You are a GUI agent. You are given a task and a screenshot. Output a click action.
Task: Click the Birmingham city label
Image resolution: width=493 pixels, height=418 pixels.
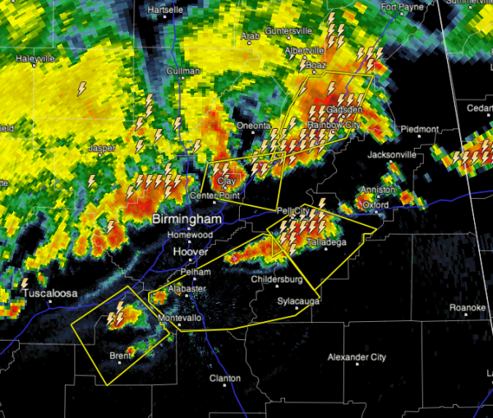(187, 220)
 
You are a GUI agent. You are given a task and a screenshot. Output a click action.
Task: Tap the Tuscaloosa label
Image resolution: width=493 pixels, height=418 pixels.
(49, 293)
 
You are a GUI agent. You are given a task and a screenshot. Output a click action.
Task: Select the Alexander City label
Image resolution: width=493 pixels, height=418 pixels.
(357, 357)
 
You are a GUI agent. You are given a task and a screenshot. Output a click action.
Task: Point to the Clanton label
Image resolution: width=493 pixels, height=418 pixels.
(225, 379)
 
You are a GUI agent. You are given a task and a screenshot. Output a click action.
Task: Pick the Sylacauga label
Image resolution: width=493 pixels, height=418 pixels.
(298, 302)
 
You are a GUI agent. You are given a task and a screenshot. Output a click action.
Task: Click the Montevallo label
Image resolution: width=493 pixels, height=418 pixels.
(180, 318)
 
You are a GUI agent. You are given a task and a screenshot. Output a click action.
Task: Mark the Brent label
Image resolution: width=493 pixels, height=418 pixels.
(121, 356)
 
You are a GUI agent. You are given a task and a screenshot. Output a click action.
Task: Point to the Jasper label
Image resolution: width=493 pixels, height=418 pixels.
(102, 149)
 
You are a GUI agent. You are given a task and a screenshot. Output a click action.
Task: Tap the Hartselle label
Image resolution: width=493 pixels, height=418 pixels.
(167, 11)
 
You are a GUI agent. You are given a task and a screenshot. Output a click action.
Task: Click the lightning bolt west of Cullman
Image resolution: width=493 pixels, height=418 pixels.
(82, 89)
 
